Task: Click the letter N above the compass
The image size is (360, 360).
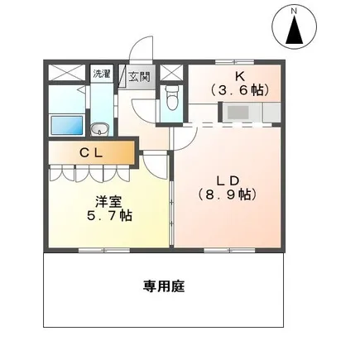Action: coord(294,12)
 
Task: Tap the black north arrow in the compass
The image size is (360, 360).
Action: coord(295,30)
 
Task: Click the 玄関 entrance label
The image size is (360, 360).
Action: coord(140,76)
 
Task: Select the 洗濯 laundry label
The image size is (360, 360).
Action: coord(102,74)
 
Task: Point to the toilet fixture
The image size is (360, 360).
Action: coord(171,98)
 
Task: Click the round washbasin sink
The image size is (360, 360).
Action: coord(99,129)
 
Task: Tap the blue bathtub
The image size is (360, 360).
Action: coord(67,125)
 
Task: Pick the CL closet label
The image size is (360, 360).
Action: coord(91,153)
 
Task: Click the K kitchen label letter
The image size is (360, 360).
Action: coord(238,76)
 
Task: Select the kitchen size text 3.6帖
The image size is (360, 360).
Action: coord(239,90)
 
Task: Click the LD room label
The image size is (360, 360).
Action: coord(228,180)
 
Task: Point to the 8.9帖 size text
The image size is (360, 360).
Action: coord(228,195)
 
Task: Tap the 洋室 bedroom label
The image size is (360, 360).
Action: coord(108,202)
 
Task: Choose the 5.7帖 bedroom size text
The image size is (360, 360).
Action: coord(109,216)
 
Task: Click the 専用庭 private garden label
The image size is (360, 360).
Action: coord(164,286)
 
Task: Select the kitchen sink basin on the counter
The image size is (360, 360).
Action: coord(238,113)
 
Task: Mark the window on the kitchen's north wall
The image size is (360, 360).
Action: coord(234,62)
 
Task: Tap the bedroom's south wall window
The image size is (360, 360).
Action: coord(104,250)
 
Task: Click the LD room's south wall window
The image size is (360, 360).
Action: coord(229,250)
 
